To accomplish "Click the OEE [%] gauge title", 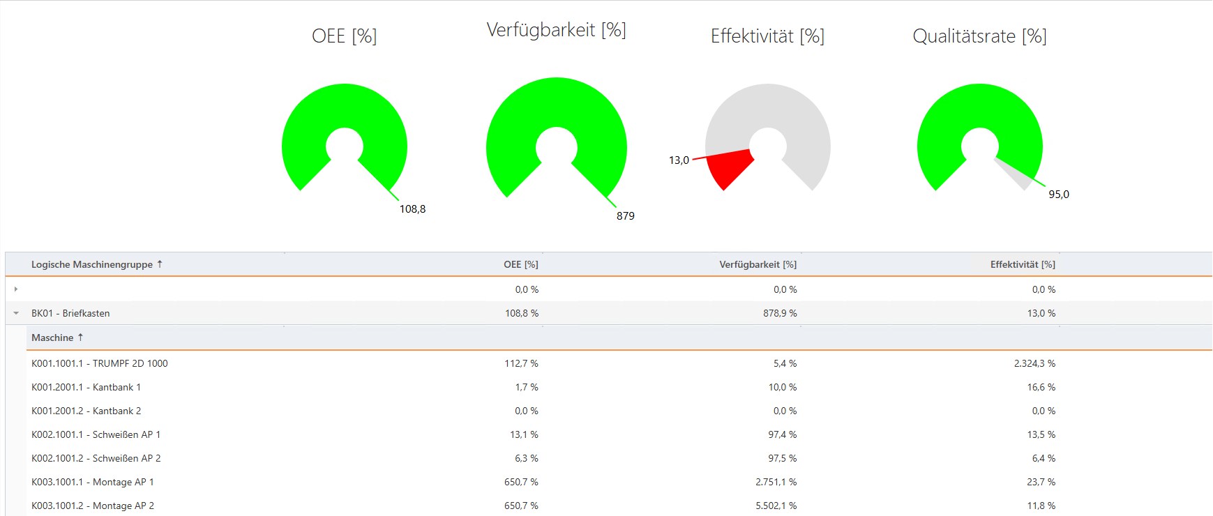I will coord(344,36).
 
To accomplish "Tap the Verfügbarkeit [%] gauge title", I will coord(556,30).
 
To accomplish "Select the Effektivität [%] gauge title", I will coord(767,36).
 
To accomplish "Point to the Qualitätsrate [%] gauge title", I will coord(979,36).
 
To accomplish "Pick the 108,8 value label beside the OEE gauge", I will coord(412,209).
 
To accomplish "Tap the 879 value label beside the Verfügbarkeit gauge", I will coord(625,216).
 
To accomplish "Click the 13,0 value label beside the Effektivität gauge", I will coord(679,160).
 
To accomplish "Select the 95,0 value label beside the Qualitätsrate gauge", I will coord(1058,195).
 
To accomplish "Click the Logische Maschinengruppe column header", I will coord(91,264).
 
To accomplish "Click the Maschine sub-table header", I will coord(52,337).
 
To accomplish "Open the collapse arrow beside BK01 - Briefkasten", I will coord(16,313).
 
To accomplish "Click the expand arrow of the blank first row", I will coord(16,289).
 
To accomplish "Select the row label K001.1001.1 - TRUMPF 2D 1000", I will coord(99,363).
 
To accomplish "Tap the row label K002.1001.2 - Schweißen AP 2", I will coord(96,458).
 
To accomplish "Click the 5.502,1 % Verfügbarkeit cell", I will coord(776,506).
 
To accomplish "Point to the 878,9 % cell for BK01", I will coord(779,313).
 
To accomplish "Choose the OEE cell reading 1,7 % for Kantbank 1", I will coord(526,387).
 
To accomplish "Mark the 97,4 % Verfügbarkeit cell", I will coord(782,434).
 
